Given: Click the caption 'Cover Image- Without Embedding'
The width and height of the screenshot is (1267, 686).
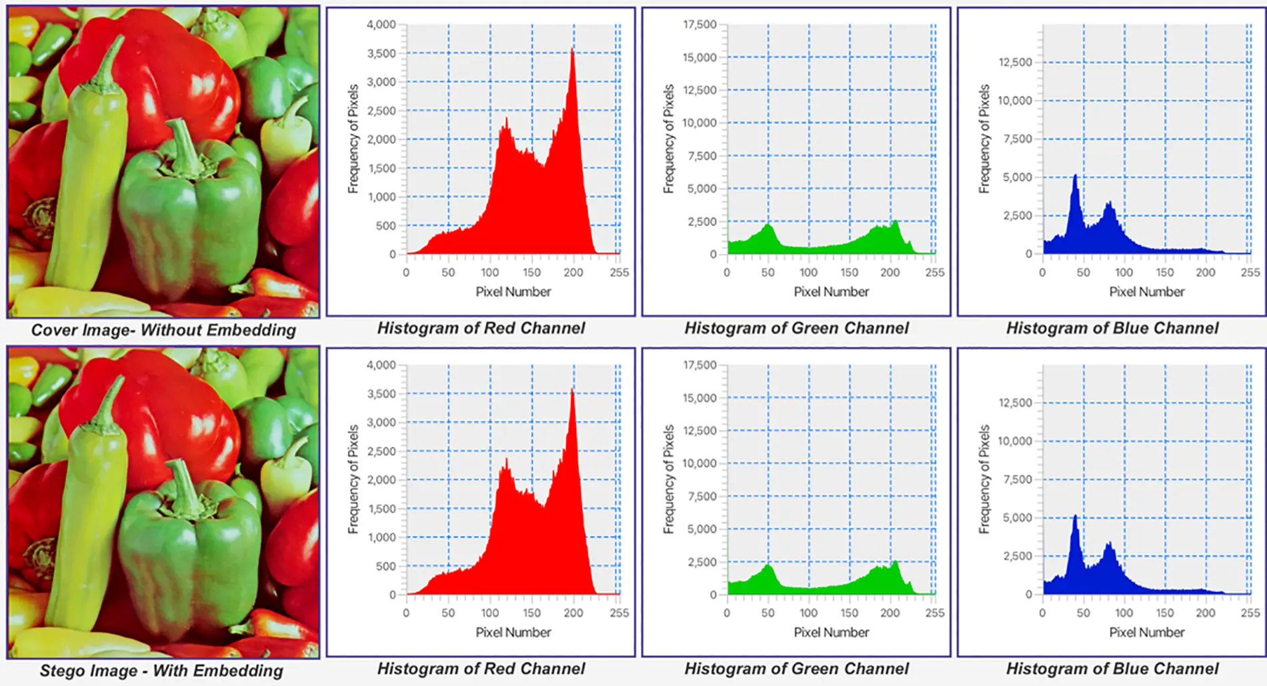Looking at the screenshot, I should tap(163, 330).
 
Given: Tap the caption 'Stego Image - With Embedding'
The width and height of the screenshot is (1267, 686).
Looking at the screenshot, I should tap(161, 671).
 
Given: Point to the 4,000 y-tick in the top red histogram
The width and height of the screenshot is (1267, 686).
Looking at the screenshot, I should tap(381, 25).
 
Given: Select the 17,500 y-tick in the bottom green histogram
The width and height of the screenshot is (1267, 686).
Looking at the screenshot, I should tap(700, 365).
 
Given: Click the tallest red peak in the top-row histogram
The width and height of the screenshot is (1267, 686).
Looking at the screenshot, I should tap(572, 51).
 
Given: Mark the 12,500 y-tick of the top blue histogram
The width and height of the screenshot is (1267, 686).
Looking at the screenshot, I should tap(1015, 62).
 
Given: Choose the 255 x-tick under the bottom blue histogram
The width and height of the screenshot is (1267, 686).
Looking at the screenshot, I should tap(1250, 613).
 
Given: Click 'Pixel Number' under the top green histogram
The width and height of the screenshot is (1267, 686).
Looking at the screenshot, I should tap(831, 291).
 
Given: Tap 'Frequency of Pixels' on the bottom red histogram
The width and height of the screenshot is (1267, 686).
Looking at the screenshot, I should tap(353, 479).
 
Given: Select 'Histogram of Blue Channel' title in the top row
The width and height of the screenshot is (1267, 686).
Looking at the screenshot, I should tap(1112, 328).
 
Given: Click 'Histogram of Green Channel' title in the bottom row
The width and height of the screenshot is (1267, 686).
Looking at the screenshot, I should tap(796, 669).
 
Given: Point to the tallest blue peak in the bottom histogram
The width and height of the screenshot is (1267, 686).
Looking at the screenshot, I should tap(1075, 517).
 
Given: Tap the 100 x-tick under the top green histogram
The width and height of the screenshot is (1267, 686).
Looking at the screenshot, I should tap(808, 272).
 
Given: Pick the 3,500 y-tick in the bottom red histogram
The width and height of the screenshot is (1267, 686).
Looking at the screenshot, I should tap(381, 394).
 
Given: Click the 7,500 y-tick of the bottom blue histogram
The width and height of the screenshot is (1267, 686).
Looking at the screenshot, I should tap(1018, 479).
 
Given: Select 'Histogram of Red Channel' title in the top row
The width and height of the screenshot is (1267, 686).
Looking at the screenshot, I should tap(481, 328).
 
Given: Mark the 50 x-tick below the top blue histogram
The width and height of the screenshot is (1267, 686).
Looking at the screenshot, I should tap(1083, 272).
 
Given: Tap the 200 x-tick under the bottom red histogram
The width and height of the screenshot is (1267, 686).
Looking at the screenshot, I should tap(573, 613).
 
